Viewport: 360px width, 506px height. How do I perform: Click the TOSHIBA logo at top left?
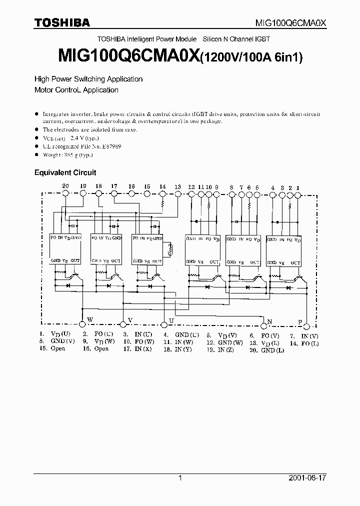61,22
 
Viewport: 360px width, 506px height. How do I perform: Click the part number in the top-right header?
290,22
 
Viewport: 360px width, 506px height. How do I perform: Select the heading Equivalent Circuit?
64,172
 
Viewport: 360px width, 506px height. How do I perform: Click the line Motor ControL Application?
76,90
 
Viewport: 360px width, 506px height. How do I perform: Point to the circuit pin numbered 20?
65,186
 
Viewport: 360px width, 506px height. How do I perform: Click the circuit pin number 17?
114,186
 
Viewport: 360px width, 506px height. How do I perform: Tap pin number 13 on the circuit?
177,187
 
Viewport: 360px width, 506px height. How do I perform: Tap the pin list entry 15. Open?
52,348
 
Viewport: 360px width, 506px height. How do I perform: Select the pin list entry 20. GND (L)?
267,350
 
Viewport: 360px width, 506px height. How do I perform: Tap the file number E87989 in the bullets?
110,146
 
